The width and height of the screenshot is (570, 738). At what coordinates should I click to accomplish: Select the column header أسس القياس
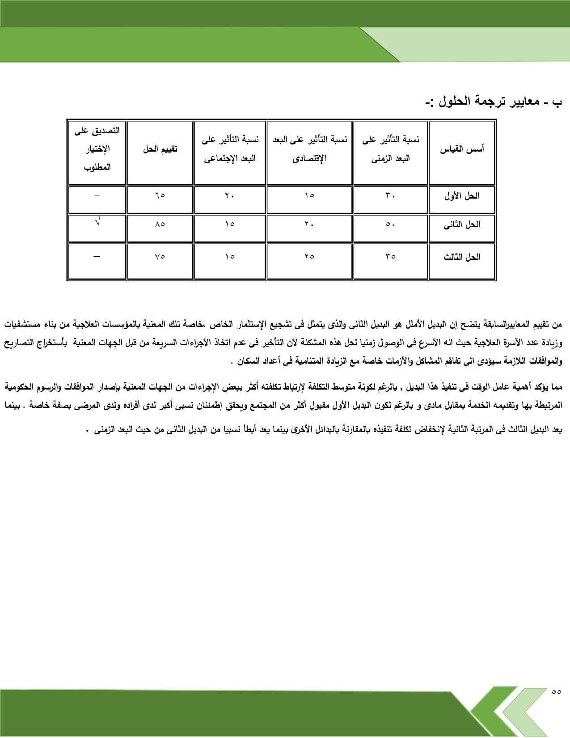[x=462, y=149]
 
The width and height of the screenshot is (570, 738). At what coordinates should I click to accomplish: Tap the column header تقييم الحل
[x=160, y=149]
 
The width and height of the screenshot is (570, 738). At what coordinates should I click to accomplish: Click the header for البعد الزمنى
[x=390, y=149]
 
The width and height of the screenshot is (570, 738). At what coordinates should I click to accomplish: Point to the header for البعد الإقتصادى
[x=309, y=149]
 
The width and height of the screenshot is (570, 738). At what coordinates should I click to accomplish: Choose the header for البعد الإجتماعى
[x=230, y=149]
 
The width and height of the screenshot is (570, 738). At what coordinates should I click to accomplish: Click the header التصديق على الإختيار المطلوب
[x=97, y=149]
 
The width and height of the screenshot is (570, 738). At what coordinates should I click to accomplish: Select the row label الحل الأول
[x=462, y=196]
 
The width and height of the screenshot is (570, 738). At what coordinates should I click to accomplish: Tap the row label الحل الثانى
[x=462, y=225]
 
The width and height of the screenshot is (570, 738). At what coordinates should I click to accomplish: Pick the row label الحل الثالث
[x=462, y=257]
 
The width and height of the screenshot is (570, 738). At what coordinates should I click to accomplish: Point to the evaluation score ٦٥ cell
[x=160, y=195]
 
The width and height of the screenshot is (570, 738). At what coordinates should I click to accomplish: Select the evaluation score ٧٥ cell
[x=160, y=257]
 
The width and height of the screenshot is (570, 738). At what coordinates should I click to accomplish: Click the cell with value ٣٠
[x=390, y=195]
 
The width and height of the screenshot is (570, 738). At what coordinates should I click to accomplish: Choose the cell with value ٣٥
[x=390, y=257]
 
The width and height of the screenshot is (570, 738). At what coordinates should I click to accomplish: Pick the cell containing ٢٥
[x=309, y=257]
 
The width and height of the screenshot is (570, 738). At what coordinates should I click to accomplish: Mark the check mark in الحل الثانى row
[x=97, y=222]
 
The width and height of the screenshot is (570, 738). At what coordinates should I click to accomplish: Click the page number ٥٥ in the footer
[x=556, y=691]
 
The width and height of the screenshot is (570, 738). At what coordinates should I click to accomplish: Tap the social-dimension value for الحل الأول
[x=230, y=195]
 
